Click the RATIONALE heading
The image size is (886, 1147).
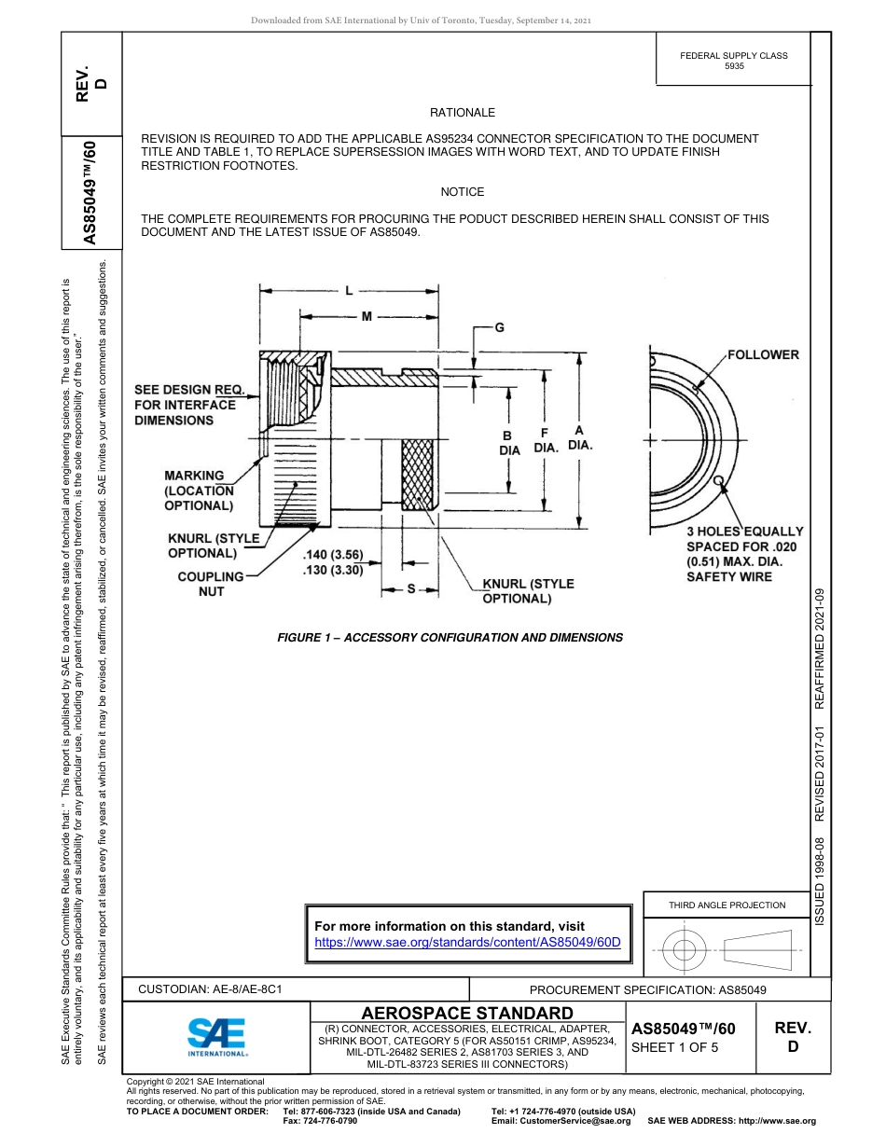pyautogui.click(x=462, y=113)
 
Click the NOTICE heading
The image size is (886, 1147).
pyautogui.click(x=462, y=192)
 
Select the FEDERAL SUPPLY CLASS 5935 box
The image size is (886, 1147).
pyautogui.click(x=733, y=62)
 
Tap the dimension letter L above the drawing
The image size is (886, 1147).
pyautogui.click(x=350, y=290)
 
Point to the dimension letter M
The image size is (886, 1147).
pyautogui.click(x=367, y=316)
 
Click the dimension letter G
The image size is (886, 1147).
pyautogui.click(x=499, y=328)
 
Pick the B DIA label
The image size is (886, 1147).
pyautogui.click(x=508, y=443)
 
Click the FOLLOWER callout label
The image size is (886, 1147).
pyautogui.click(x=763, y=354)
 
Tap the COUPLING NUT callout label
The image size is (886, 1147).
pyautogui.click(x=211, y=584)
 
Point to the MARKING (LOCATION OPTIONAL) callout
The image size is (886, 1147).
pyautogui.click(x=198, y=491)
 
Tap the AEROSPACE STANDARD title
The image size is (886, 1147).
pyautogui.click(x=467, y=1013)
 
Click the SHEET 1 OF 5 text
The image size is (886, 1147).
pyautogui.click(x=675, y=1047)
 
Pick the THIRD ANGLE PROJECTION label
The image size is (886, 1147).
pyautogui.click(x=727, y=905)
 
